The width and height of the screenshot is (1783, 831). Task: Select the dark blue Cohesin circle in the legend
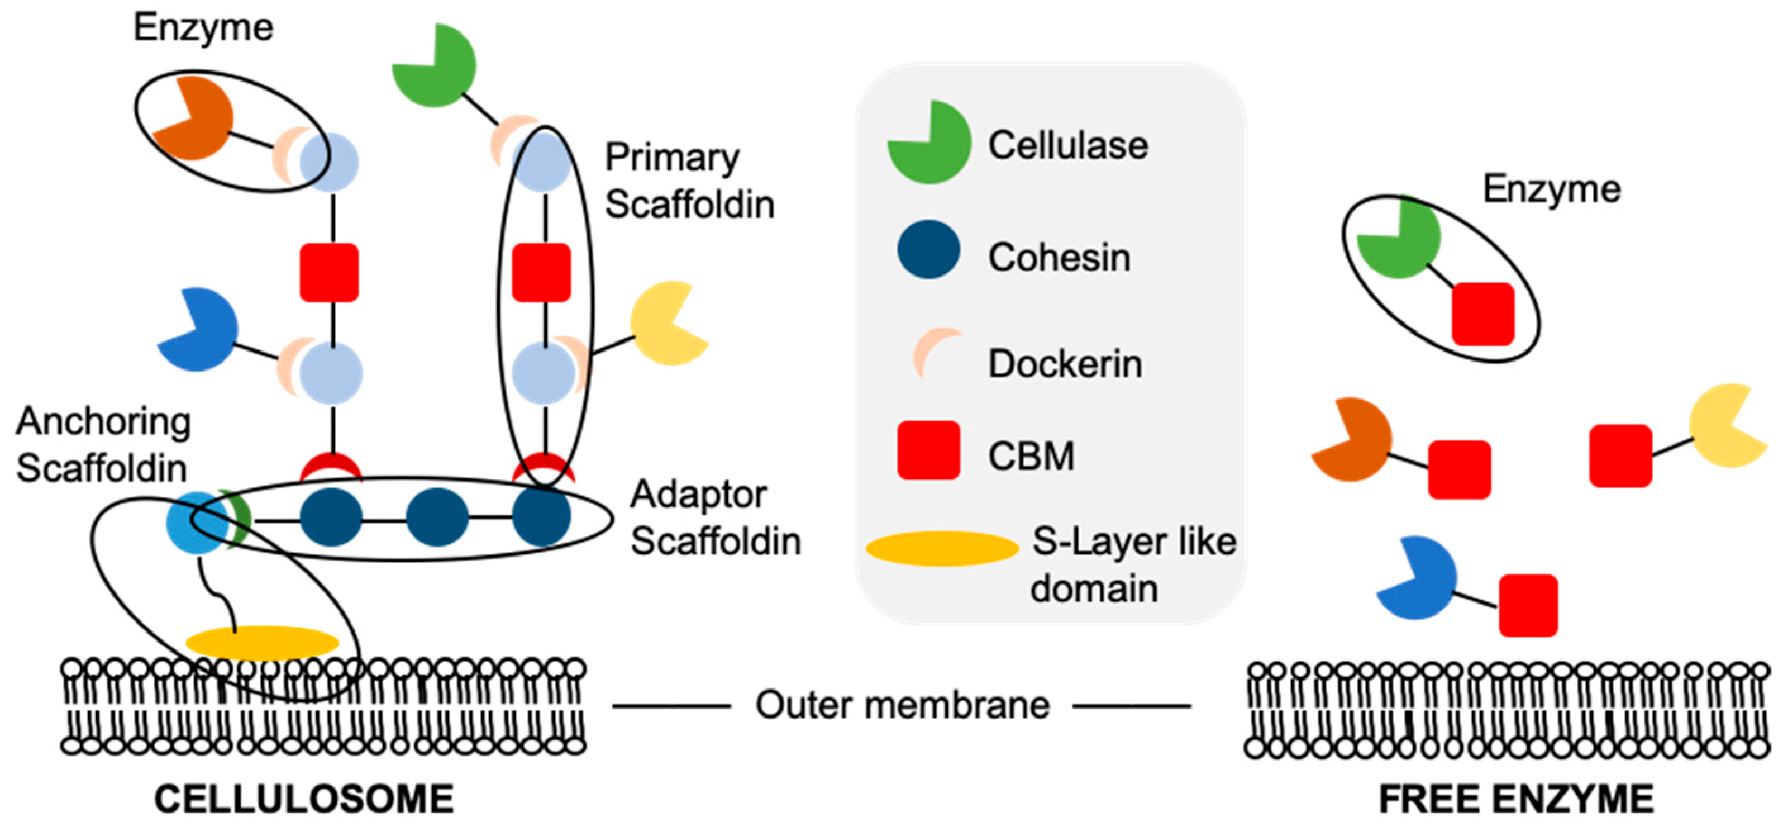[928, 249]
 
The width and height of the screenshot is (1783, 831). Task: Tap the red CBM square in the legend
[928, 450]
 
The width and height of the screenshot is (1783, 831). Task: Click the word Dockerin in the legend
[1065, 364]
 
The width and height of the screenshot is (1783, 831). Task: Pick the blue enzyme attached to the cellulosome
[199, 329]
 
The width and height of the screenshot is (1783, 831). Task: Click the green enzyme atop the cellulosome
[434, 65]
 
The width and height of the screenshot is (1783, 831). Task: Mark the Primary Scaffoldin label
[689, 181]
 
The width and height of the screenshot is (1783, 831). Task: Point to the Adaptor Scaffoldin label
[716, 517]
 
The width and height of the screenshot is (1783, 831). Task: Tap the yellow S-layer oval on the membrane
[263, 643]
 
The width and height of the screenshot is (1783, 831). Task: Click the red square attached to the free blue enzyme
[1528, 605]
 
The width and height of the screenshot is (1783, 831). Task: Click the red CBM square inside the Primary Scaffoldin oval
[541, 272]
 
